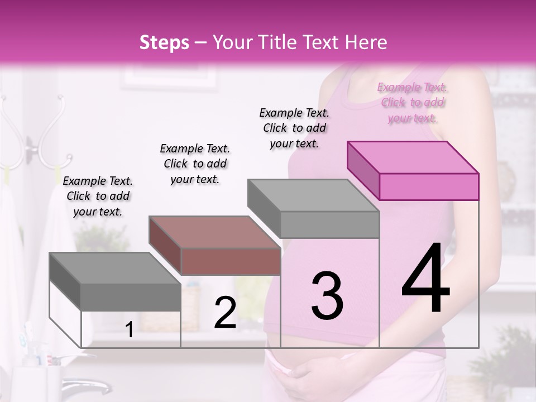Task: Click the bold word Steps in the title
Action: point(164,42)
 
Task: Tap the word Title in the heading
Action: point(275,42)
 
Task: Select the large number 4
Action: point(425,279)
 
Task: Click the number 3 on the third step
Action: point(327,295)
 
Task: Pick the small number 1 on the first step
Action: point(129,329)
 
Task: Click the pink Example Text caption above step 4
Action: point(413,103)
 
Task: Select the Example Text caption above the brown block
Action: point(195,164)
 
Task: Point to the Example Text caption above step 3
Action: point(294,128)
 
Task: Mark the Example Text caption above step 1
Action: point(98,197)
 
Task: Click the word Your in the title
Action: point(232,42)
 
